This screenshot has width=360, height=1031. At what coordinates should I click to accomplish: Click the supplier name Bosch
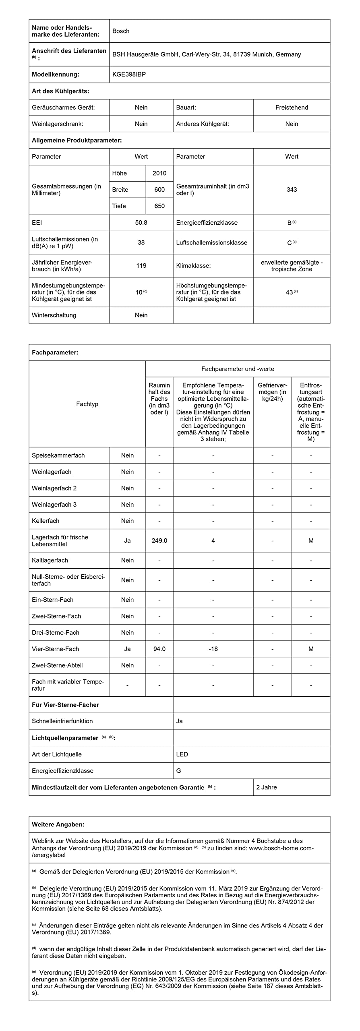tap(121, 31)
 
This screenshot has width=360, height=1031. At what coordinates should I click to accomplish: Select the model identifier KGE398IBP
tap(129, 75)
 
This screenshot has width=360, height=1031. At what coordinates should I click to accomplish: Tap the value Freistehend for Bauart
tap(292, 108)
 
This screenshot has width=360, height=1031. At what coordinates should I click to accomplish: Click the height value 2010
tap(159, 173)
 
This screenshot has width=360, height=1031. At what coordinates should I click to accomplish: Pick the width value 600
tap(159, 190)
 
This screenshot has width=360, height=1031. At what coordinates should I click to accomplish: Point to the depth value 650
tap(159, 206)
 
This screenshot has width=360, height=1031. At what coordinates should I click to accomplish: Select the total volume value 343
tap(292, 190)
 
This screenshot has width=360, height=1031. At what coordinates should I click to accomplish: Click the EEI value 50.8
tap(141, 223)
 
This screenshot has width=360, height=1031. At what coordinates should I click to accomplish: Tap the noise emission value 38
tap(141, 242)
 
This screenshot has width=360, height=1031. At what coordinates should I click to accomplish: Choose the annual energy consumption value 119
tap(141, 266)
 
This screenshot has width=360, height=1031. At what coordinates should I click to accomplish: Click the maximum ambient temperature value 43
tap(290, 292)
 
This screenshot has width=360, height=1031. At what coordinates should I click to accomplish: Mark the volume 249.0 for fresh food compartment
tap(159, 540)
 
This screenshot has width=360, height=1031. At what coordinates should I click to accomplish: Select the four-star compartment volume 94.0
tap(159, 649)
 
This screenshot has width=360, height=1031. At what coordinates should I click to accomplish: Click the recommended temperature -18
tap(213, 649)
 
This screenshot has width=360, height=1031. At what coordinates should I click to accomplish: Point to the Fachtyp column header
tap(87, 404)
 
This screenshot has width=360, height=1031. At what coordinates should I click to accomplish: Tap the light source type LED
tap(182, 754)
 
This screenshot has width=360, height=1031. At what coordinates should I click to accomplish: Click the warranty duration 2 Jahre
tap(267, 787)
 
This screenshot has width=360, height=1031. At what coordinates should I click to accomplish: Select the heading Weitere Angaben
tap(58, 824)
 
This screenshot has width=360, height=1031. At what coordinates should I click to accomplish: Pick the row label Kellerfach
tap(46, 521)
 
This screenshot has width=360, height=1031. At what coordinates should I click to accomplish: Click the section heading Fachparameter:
tap(55, 352)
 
